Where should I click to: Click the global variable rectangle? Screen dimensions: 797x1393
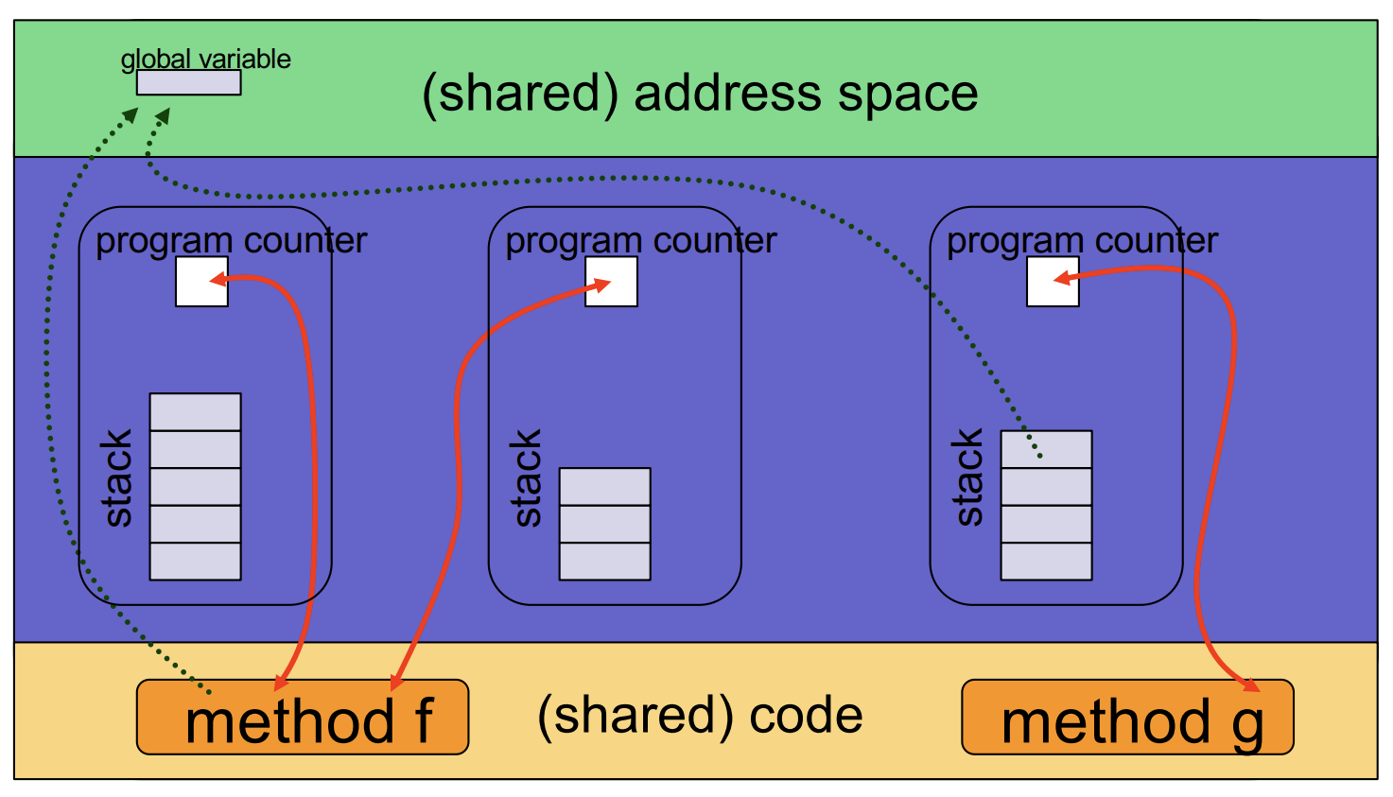[188, 83]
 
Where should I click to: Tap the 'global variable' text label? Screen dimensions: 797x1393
[205, 59]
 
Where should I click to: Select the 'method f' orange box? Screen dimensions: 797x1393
[303, 718]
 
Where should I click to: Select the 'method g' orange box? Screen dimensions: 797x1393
[1126, 718]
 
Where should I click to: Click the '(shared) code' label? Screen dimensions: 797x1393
[700, 716]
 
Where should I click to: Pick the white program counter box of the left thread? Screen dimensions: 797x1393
[201, 282]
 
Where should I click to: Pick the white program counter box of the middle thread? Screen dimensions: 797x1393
[611, 282]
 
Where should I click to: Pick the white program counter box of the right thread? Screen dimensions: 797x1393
[1053, 282]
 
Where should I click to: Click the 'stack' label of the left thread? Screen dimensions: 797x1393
[117, 477]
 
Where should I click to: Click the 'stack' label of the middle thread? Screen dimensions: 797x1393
[527, 477]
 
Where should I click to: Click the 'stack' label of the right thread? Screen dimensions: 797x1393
[968, 477]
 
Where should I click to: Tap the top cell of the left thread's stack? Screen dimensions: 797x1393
[195, 412]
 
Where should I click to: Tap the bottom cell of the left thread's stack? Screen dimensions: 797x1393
[195, 562]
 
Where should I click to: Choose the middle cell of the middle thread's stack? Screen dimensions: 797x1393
[604, 524]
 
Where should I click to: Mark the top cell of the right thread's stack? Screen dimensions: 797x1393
[1046, 449]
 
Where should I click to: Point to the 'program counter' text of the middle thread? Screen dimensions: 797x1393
[640, 240]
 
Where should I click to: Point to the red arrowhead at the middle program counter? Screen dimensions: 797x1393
[601, 285]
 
